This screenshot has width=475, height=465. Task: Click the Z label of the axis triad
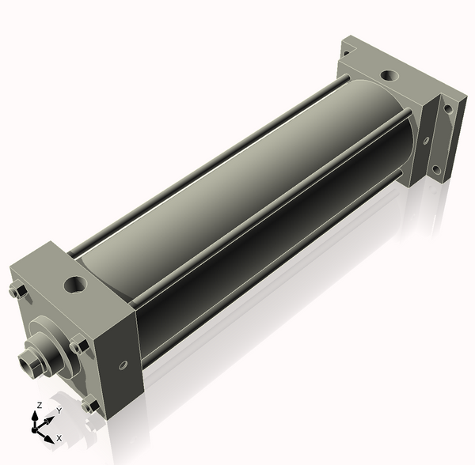[x=39, y=405]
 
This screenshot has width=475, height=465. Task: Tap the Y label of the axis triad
[x=59, y=410]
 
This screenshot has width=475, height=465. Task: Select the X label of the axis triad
[x=59, y=438]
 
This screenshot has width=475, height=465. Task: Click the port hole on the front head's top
[x=75, y=284]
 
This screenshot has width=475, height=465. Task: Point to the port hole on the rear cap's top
[x=389, y=75]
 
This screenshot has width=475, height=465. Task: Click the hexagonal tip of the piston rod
[x=28, y=360]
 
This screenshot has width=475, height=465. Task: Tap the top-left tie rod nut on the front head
[x=19, y=291]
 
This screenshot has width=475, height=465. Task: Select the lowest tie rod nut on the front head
[x=90, y=404]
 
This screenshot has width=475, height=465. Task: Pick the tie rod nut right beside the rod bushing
[x=78, y=344]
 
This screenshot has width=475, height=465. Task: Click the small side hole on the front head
[x=123, y=365]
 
